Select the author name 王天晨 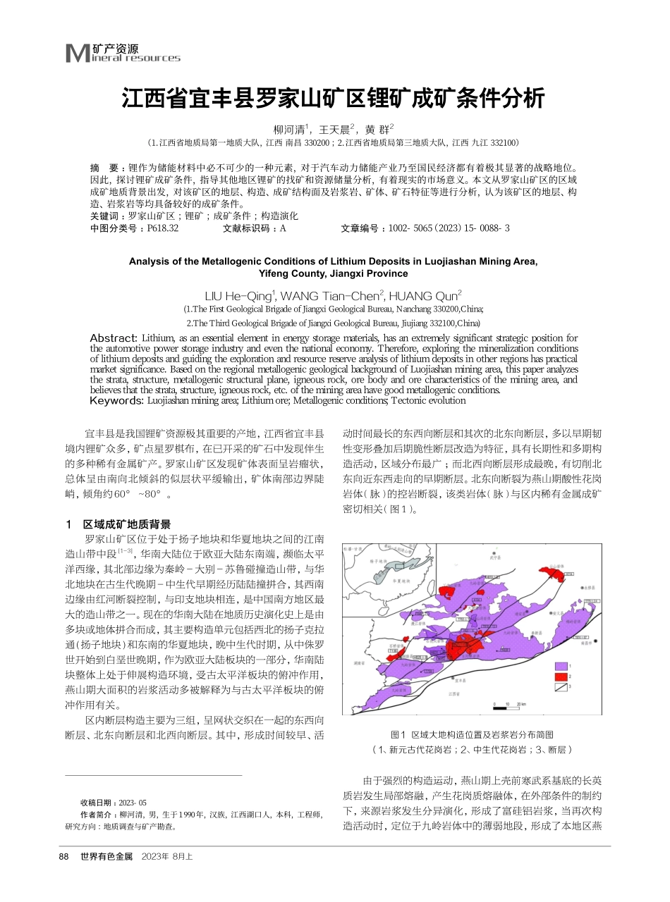334,130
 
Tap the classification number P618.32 163,228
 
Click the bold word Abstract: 115,338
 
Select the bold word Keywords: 117,400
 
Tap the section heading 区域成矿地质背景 127,524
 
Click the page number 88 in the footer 63,856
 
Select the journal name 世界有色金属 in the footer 106,856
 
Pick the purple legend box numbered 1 561,665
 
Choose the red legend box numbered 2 561,676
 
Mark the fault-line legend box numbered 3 561,687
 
